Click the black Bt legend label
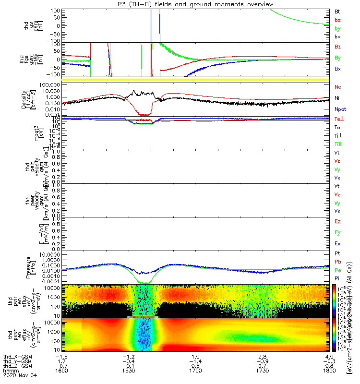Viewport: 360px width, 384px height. (337, 11)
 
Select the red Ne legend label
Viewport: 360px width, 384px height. (338, 86)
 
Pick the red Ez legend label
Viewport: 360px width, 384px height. (337, 221)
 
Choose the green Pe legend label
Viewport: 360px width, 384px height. (338, 270)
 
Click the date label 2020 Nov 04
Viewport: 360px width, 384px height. (19, 377)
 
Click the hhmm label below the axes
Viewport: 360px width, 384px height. (9, 372)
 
